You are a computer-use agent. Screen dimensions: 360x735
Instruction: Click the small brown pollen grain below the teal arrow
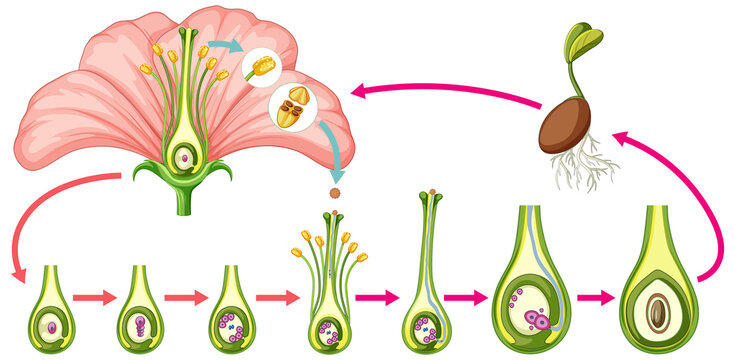click(x=334, y=189)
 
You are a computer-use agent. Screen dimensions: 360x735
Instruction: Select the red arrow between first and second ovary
click(x=95, y=297)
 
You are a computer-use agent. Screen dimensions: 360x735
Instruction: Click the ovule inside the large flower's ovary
click(x=184, y=155)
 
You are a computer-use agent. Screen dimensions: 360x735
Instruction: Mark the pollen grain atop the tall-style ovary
click(x=431, y=190)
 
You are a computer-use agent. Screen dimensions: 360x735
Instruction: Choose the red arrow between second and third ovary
click(x=185, y=297)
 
